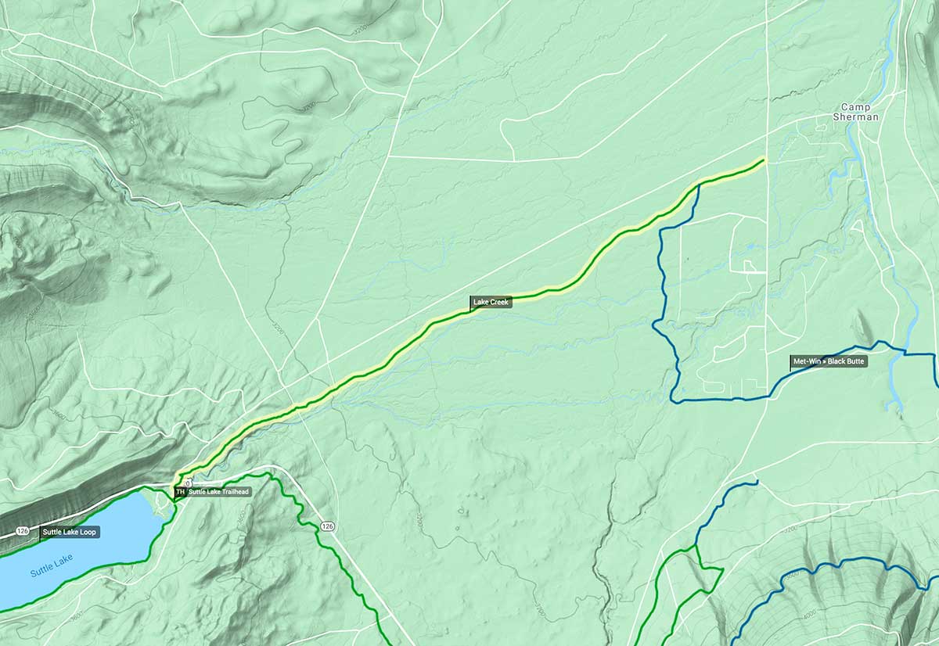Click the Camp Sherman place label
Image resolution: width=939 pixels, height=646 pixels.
tap(859, 112)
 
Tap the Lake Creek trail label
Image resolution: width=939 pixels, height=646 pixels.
tap(491, 301)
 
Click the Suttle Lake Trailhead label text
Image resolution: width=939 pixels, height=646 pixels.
tap(218, 492)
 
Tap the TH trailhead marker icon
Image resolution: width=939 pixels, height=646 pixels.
tap(180, 492)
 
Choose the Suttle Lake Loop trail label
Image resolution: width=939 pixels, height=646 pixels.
tap(70, 532)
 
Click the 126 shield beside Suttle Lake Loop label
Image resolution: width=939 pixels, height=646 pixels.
tap(23, 532)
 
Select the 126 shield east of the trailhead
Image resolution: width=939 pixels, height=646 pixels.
tap(327, 527)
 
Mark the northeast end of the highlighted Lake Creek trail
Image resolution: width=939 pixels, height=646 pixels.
tap(763, 160)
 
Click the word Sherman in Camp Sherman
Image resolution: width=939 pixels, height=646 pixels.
tap(859, 117)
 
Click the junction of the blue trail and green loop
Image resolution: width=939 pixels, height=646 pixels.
tap(695, 546)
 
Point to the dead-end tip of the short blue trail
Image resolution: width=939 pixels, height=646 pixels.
tap(757, 481)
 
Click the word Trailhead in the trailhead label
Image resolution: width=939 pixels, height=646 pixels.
tap(233, 492)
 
